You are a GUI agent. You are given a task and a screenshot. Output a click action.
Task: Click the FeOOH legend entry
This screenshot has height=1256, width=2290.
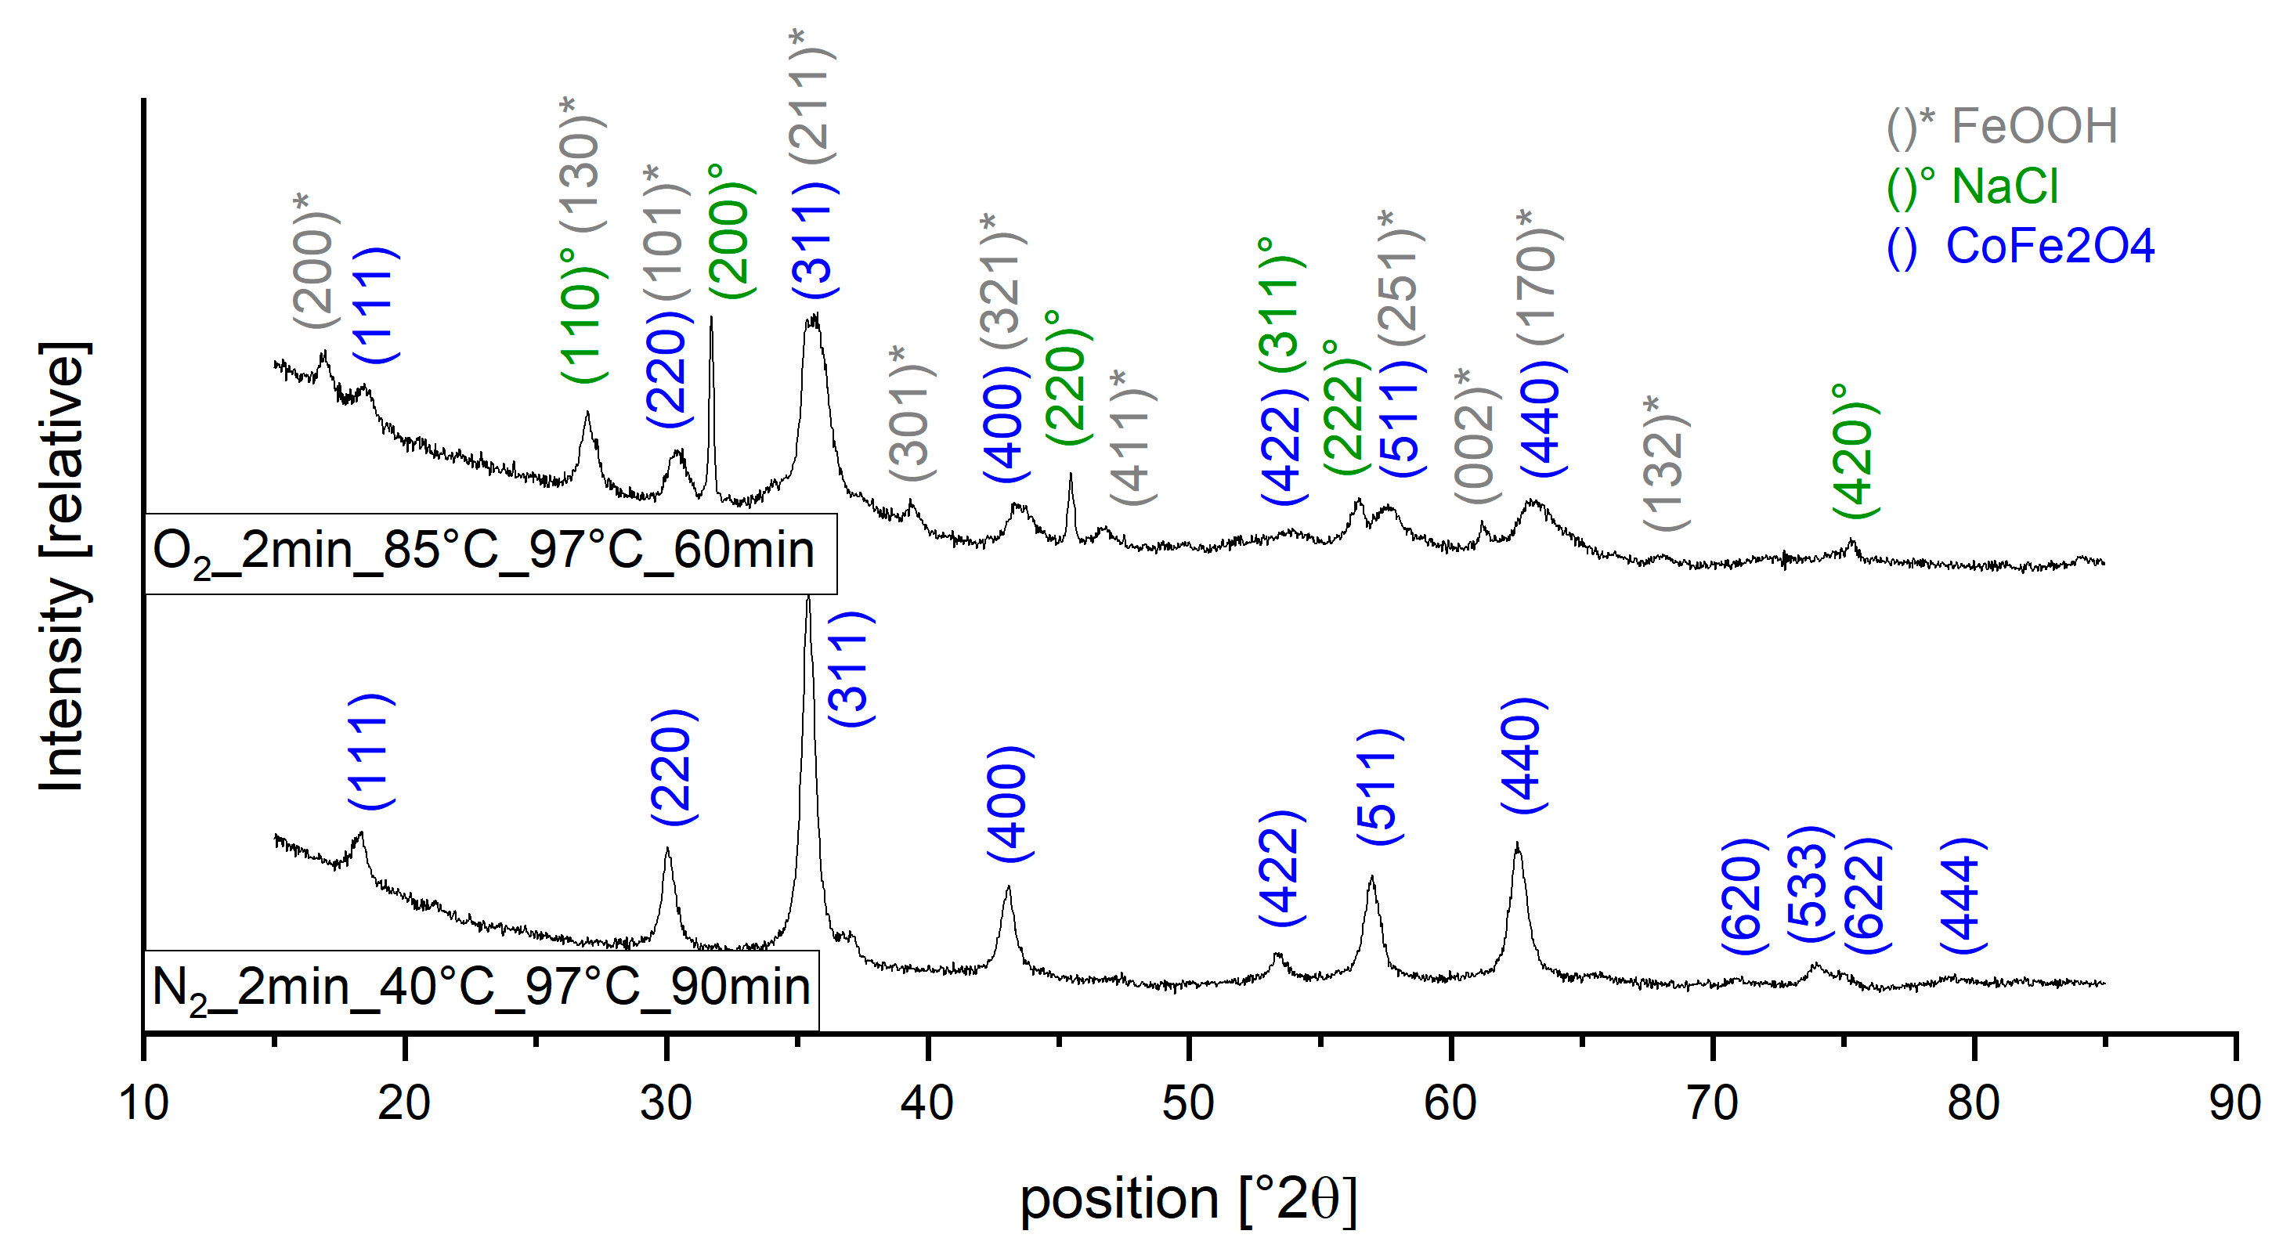click(2002, 126)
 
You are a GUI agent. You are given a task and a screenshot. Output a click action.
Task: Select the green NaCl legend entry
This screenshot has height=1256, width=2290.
click(1973, 186)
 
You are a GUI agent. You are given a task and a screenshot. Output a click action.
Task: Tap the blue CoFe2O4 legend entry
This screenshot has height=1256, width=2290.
click(2021, 246)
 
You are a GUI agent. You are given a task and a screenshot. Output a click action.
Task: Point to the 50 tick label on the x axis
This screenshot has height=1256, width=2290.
click(1189, 1103)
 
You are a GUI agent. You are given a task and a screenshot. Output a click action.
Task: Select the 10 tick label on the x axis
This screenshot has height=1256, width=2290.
click(143, 1103)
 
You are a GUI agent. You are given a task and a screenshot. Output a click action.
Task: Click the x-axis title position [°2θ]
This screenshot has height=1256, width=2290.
click(1189, 1199)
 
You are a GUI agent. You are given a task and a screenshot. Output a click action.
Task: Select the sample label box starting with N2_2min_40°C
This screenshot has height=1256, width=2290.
click(481, 989)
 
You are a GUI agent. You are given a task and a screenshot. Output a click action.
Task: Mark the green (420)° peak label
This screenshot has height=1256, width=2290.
click(1855, 452)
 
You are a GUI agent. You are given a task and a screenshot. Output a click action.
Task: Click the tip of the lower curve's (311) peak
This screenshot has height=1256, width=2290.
click(807, 597)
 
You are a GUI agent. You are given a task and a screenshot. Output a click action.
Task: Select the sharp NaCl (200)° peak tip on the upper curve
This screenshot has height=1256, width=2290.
click(710, 317)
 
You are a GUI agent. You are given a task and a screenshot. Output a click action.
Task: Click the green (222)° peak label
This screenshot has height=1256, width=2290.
click(1345, 409)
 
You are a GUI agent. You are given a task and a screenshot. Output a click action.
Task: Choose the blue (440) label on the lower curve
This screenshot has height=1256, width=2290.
click(1522, 756)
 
